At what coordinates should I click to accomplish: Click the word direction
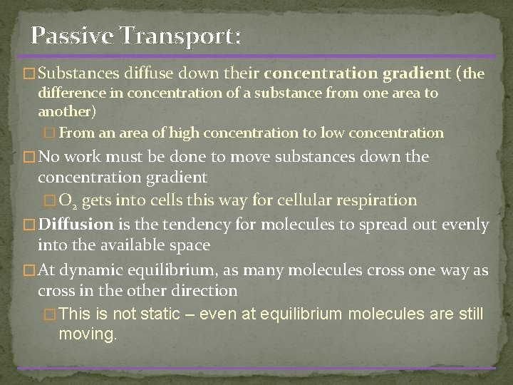[204, 291]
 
